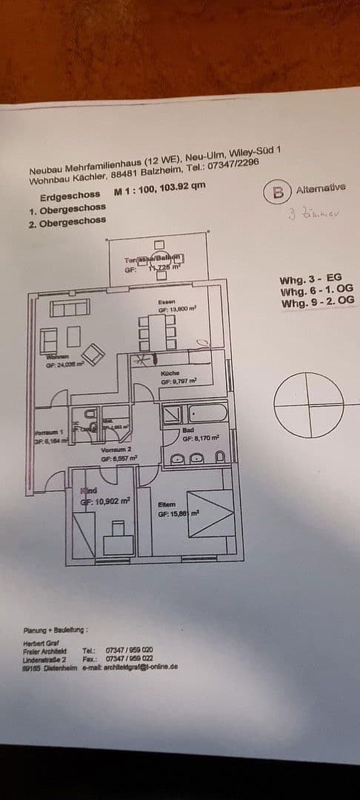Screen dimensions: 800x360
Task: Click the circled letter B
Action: (x=278, y=193)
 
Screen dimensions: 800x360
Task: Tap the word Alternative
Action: (x=320, y=189)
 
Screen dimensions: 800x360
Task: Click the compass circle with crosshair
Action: (x=308, y=404)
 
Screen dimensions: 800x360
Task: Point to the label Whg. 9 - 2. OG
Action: (x=318, y=302)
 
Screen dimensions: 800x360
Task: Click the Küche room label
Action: (x=170, y=373)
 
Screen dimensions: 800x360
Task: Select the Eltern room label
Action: (x=167, y=504)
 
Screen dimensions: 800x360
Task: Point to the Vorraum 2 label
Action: (x=116, y=450)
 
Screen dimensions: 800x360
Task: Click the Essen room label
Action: (x=166, y=302)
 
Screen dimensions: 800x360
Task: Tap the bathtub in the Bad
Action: (x=207, y=412)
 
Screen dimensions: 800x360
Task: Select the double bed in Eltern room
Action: (x=210, y=513)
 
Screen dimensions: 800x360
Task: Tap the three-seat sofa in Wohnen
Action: (x=70, y=307)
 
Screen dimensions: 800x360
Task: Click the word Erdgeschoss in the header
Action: (x=70, y=198)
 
